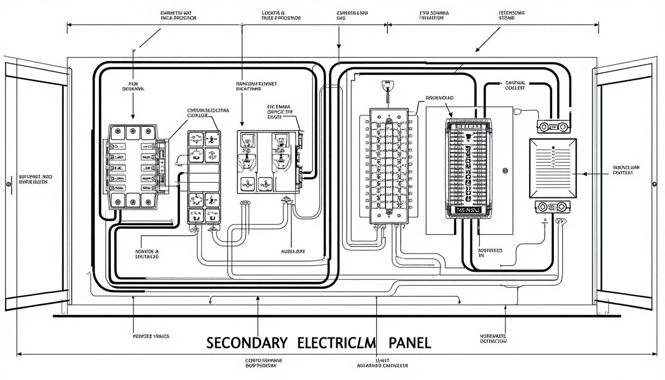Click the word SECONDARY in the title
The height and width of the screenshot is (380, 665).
pyautogui.click(x=246, y=343)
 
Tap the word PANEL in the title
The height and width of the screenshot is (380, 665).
pyautogui.click(x=410, y=343)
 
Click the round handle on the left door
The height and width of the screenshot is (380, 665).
pyautogui.click(x=8, y=184)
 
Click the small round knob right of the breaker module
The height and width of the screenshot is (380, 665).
pyautogui.click(x=505, y=172)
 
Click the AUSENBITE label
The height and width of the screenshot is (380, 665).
pyautogui.click(x=293, y=251)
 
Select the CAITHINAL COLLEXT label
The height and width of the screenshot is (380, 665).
pyautogui.click(x=518, y=86)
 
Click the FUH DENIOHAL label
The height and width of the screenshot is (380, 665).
pyautogui.click(x=133, y=87)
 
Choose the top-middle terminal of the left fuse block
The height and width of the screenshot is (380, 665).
pyautogui.click(x=132, y=132)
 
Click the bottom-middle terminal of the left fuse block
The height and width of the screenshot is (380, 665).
pyautogui.click(x=132, y=200)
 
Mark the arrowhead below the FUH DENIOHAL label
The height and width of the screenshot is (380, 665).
pyautogui.click(x=133, y=116)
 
